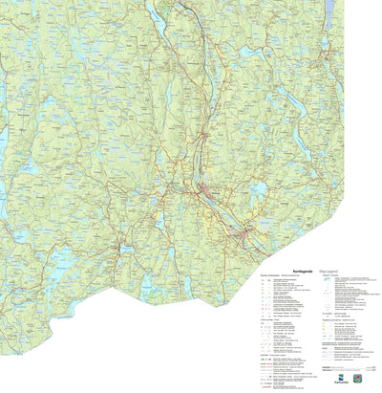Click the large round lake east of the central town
point(256,191)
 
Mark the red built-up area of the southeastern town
point(250,232)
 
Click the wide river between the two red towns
point(229,215)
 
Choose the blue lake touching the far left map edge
point(3,139)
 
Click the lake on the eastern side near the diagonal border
point(291,134)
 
